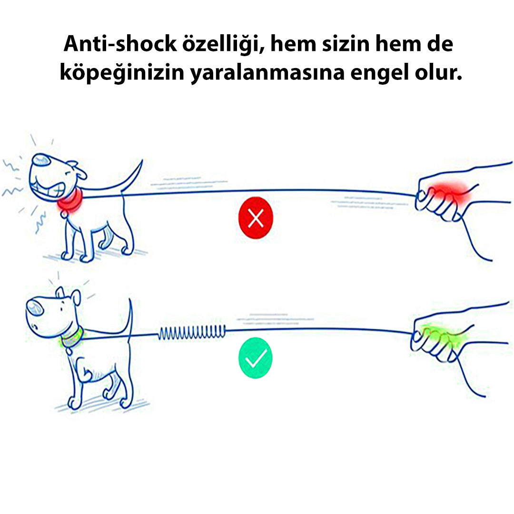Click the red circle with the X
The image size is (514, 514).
(256, 217)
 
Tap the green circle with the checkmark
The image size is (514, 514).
(256, 358)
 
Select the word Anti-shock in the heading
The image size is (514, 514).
(120, 44)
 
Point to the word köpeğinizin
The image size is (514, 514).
(122, 73)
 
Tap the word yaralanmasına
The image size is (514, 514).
(267, 73)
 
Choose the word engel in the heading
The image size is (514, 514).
(380, 73)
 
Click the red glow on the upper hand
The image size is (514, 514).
(449, 194)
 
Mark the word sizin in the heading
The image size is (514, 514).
(346, 44)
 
